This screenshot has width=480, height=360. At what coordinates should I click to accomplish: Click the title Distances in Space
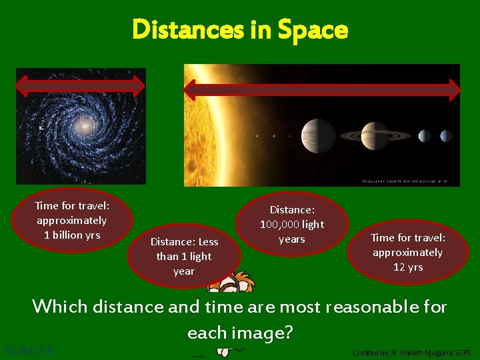240,29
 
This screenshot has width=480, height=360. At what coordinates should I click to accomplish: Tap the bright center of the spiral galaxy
84,125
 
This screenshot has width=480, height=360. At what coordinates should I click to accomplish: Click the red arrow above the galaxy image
81,85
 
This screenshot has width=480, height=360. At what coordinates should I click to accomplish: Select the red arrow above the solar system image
322,89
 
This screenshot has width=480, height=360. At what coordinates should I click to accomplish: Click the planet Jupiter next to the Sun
318,135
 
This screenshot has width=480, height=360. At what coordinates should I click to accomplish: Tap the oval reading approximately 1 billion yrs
71,221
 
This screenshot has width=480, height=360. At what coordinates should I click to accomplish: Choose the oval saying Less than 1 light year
183,256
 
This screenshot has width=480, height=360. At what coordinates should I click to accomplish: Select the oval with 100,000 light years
292,224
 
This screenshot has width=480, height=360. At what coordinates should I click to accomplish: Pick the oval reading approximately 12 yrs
407,252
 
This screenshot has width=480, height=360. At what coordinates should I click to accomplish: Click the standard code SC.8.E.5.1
28,350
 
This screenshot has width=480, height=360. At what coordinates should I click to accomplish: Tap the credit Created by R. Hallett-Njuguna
411,352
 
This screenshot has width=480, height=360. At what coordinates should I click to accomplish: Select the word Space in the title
313,29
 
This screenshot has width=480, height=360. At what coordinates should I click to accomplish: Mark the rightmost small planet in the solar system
445,136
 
